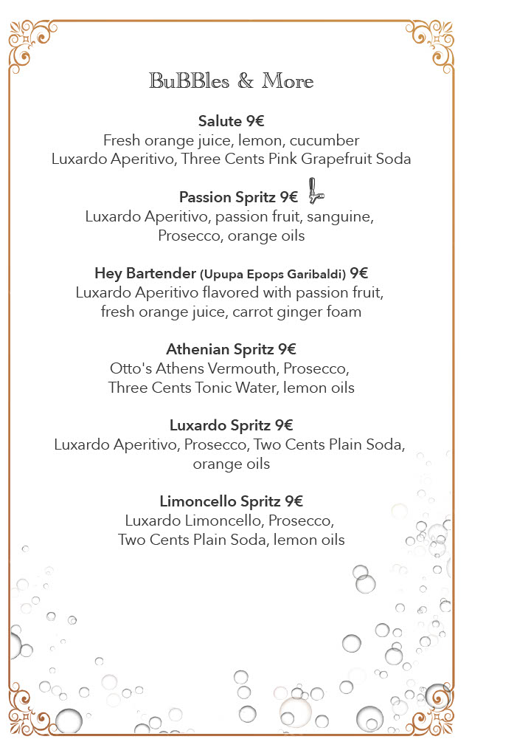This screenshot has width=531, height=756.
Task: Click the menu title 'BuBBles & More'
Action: click(232, 81)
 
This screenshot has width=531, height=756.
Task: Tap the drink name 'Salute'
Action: click(221, 121)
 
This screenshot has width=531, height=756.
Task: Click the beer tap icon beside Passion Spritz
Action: click(314, 190)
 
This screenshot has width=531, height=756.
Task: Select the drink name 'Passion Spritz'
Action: click(227, 198)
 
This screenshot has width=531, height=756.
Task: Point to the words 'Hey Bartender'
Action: click(145, 274)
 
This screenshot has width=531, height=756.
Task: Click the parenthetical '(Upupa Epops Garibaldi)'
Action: click(273, 275)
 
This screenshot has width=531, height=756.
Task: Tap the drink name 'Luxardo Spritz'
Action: click(220, 425)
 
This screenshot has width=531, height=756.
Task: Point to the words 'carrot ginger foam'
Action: click(296, 312)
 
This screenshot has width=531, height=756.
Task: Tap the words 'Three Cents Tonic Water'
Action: click(192, 388)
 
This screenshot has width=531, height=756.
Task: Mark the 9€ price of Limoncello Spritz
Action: click(294, 502)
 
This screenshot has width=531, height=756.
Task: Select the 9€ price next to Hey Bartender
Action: click(359, 274)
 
